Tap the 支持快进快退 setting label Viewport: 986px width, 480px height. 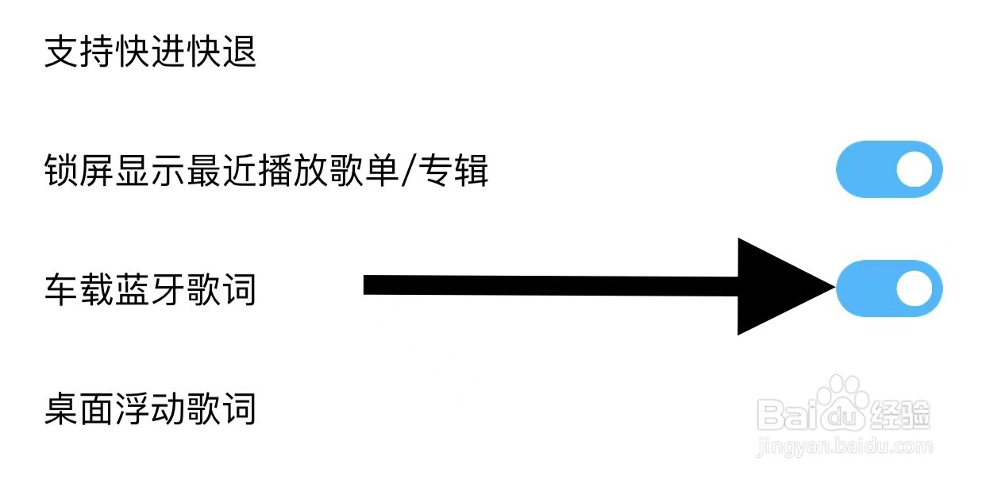150,52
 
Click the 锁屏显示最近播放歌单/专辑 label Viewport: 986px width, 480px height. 266,171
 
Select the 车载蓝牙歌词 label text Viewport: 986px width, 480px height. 150,290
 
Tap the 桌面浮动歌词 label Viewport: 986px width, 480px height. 150,409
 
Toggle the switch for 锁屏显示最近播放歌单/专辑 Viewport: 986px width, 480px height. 889,169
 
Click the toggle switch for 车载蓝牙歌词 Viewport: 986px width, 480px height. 889,288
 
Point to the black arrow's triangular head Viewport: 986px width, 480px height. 778,286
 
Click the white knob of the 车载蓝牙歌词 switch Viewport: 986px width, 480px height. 914,288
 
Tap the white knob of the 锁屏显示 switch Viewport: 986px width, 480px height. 914,169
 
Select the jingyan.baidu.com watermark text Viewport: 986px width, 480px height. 845,447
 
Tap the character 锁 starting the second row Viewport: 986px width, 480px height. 61,171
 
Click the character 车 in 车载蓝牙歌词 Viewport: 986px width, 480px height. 61,290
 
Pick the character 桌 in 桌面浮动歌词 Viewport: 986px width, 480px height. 61,409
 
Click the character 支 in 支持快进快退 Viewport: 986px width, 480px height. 61,52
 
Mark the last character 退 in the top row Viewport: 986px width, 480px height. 240,52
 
